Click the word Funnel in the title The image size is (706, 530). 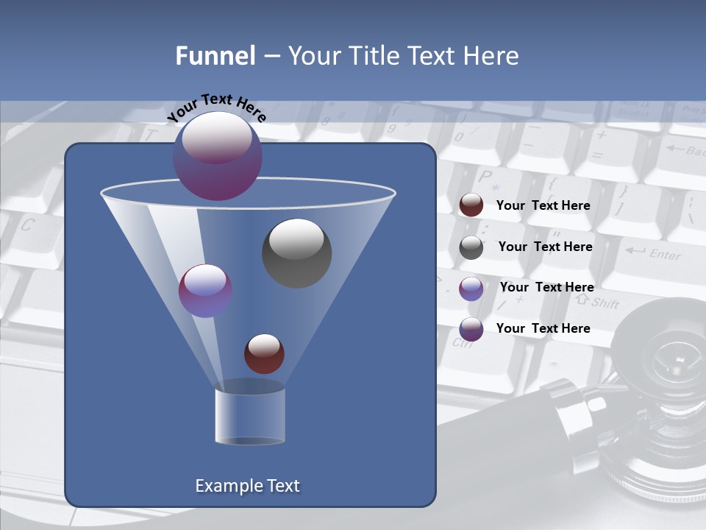[215, 56]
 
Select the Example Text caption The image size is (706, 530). [247, 486]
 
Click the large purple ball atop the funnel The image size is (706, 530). [218, 155]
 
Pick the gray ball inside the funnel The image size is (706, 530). [296, 253]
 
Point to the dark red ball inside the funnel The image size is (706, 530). [264, 353]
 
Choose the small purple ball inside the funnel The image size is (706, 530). [205, 291]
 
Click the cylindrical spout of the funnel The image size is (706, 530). [250, 416]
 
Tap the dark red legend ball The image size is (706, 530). [471, 205]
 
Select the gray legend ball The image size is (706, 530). [471, 247]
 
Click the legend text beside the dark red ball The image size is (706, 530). [543, 206]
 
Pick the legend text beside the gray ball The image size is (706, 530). [545, 247]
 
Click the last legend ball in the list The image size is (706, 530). [471, 329]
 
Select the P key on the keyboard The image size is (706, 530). [485, 177]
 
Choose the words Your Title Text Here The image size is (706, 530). [403, 56]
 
